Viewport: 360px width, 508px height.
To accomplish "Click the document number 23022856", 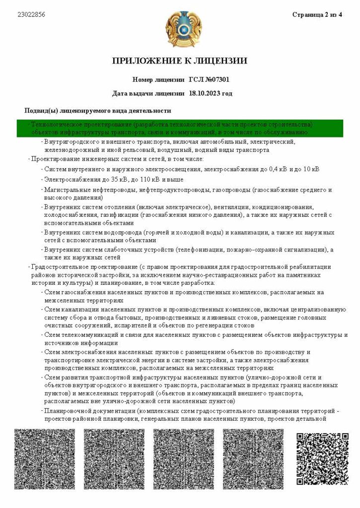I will [x=31, y=15].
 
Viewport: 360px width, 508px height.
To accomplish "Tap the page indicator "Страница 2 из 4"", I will [x=317, y=15].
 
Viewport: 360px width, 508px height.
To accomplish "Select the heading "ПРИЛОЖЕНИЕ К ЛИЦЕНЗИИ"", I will [x=180, y=61].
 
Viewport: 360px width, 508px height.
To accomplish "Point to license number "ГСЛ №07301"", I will [x=209, y=79].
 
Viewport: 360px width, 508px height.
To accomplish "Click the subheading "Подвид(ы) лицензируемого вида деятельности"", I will [x=98, y=111].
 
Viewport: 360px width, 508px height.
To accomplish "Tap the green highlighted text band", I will [x=180, y=128].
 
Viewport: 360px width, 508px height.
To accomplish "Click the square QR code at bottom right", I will [x=322, y=459].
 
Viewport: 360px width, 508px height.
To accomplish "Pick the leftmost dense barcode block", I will [x=45, y=459].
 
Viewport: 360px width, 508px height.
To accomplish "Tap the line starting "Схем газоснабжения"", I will [x=184, y=292].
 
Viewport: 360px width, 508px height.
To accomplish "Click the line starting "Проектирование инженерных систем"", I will [x=117, y=159].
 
